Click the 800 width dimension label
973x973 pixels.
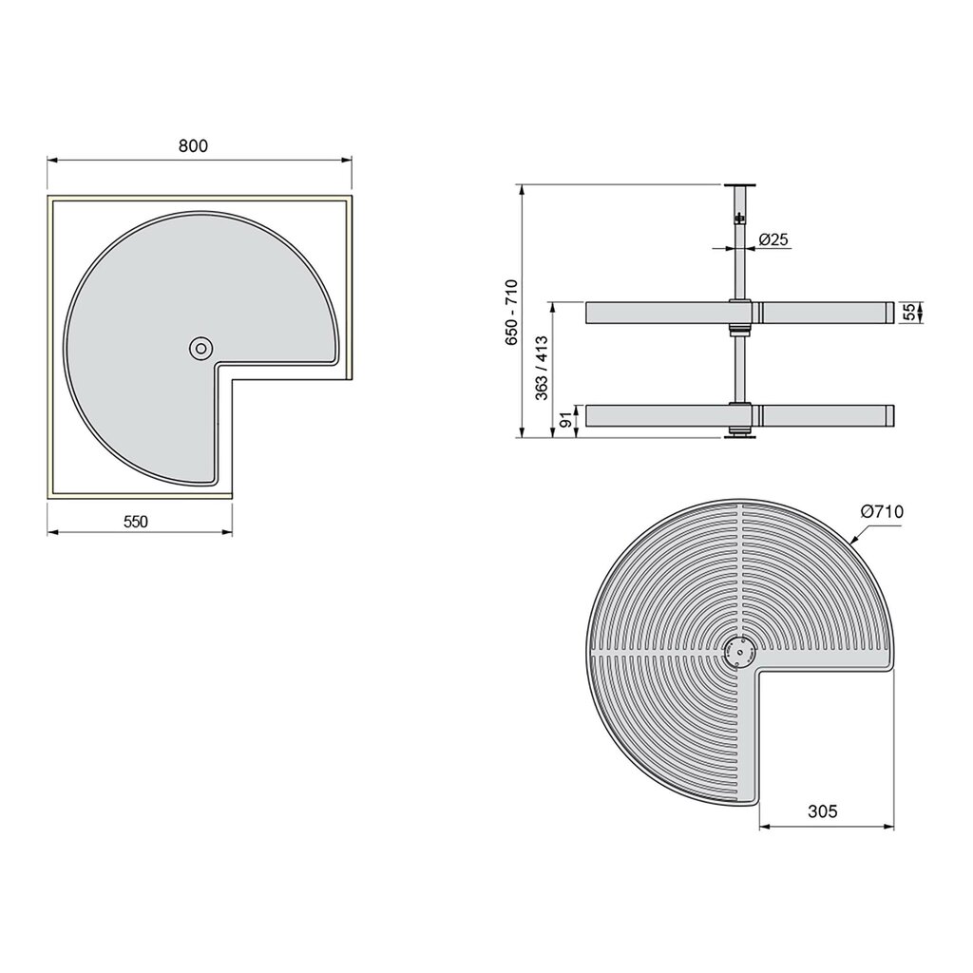(192, 145)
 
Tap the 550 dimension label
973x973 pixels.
(138, 520)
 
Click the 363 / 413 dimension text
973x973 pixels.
(543, 370)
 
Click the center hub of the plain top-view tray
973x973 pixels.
(200, 349)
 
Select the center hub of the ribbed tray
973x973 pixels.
(738, 653)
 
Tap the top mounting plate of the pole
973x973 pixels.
(738, 185)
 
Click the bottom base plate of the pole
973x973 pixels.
(738, 436)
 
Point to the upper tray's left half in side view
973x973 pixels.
(656, 314)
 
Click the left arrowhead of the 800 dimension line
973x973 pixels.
(51, 160)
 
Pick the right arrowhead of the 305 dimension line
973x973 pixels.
(890, 824)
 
